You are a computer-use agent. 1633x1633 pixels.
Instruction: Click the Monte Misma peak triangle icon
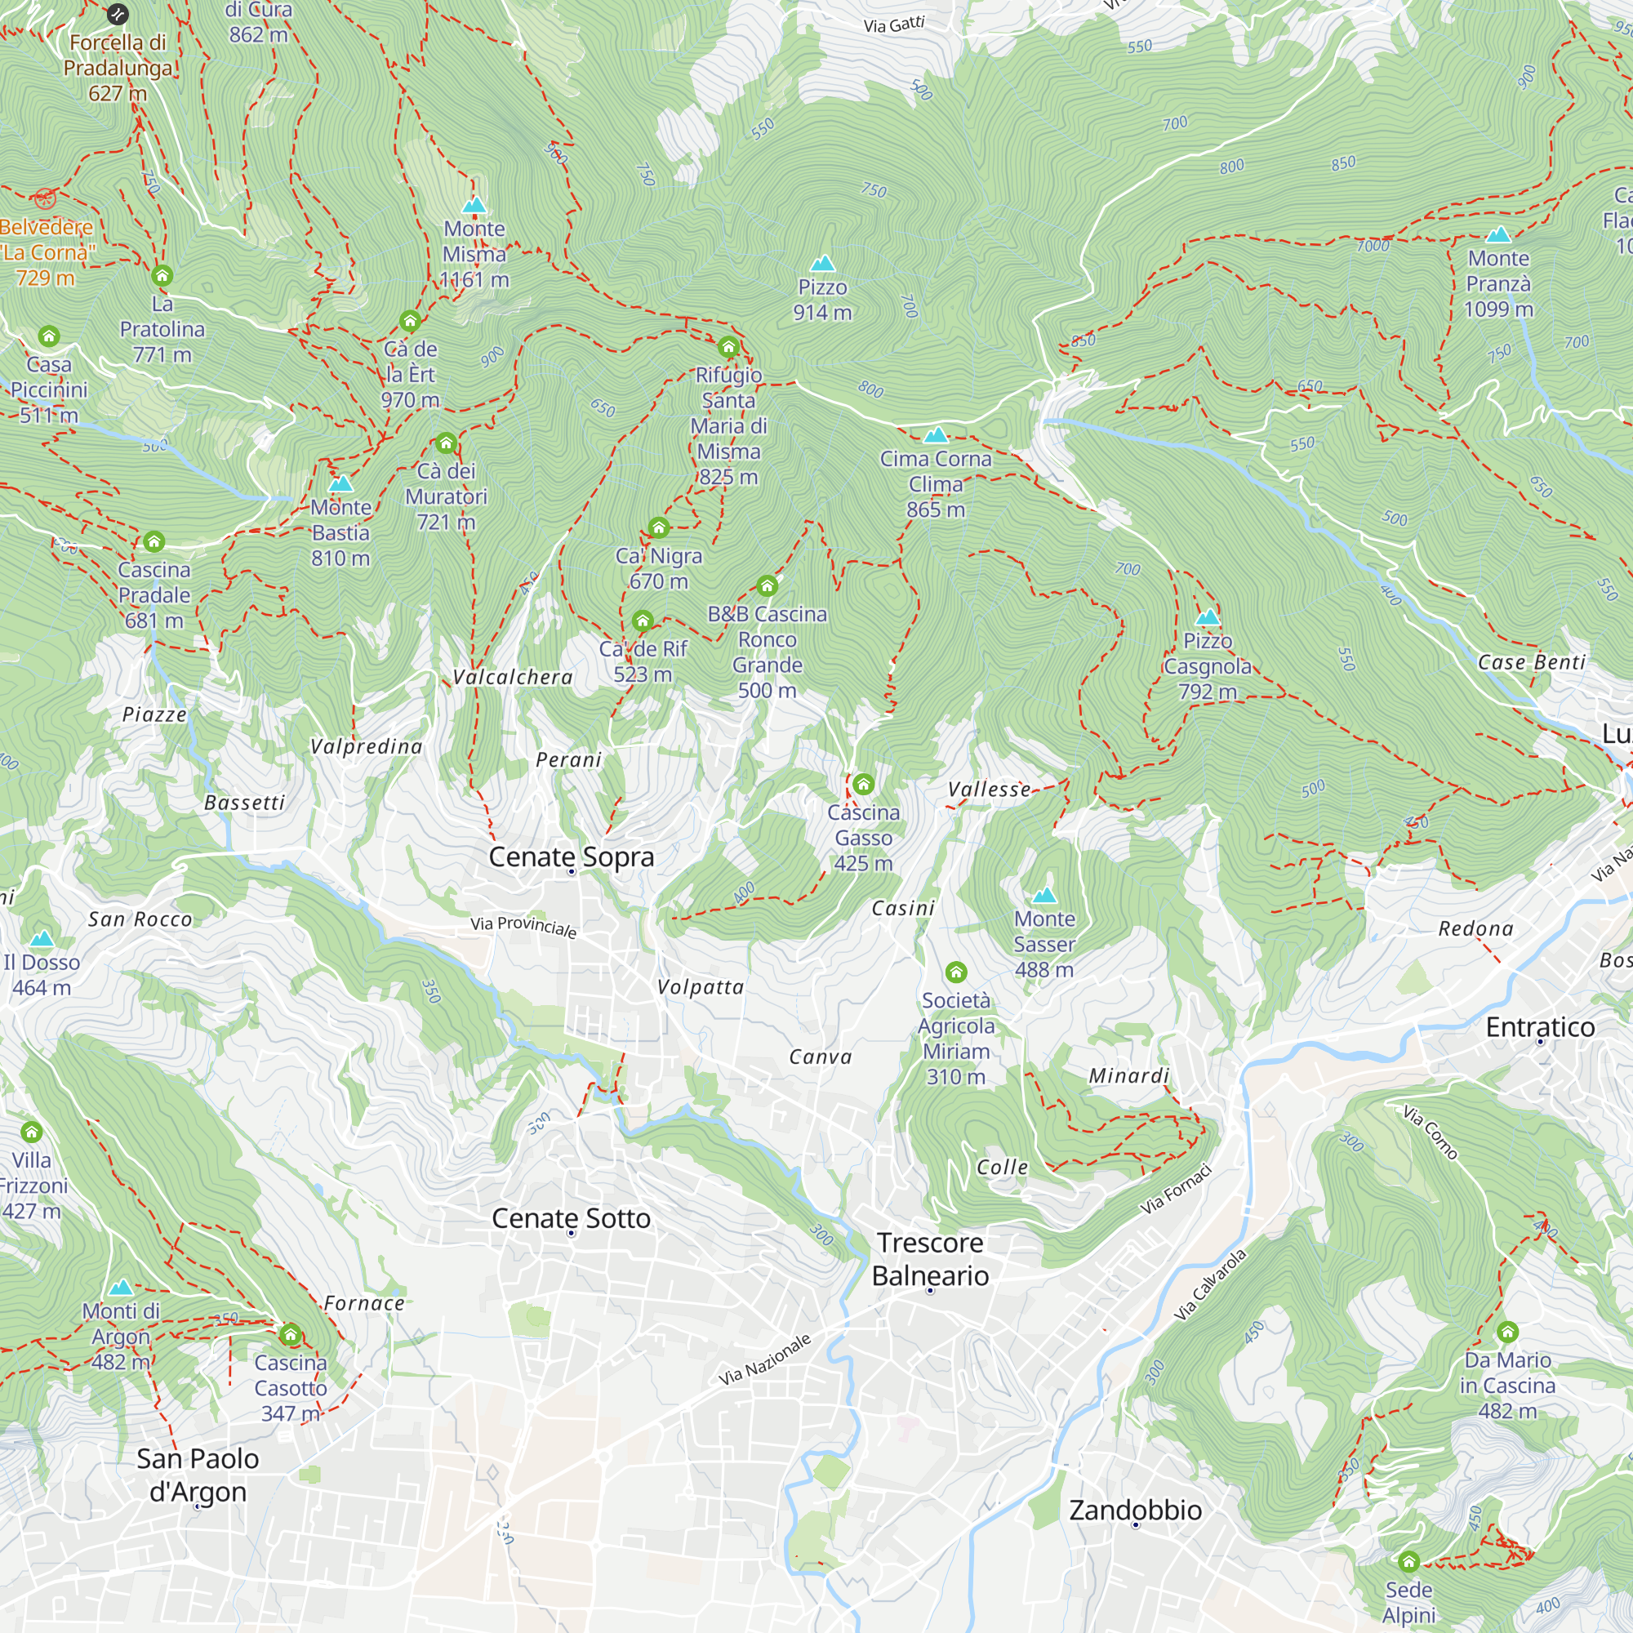click(474, 206)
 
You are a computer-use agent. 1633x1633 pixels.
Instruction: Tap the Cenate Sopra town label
click(572, 857)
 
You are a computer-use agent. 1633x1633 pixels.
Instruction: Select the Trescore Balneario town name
click(930, 1258)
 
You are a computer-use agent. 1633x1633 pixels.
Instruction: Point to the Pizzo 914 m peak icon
click(822, 264)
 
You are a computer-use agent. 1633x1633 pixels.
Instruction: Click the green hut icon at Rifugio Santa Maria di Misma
click(728, 347)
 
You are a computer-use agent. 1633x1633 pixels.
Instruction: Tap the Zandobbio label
click(1135, 1509)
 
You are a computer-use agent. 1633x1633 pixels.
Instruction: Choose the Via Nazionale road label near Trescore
click(765, 1359)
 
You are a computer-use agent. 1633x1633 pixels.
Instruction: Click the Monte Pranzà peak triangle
click(1497, 235)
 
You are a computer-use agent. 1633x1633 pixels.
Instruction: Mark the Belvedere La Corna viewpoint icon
click(46, 199)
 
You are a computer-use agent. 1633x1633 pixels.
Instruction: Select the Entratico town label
click(1540, 1027)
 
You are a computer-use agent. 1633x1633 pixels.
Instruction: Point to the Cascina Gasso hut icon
click(863, 785)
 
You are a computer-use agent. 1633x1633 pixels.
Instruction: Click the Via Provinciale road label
click(523, 927)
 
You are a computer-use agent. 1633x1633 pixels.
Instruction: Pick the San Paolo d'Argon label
click(198, 1474)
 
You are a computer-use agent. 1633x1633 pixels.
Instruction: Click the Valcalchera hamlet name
click(512, 677)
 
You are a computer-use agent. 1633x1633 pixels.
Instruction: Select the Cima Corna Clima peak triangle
click(935, 435)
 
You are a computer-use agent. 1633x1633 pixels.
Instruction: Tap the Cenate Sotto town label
click(572, 1218)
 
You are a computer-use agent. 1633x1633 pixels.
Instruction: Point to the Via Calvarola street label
click(1210, 1284)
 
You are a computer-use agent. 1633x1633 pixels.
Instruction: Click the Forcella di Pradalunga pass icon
click(118, 14)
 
